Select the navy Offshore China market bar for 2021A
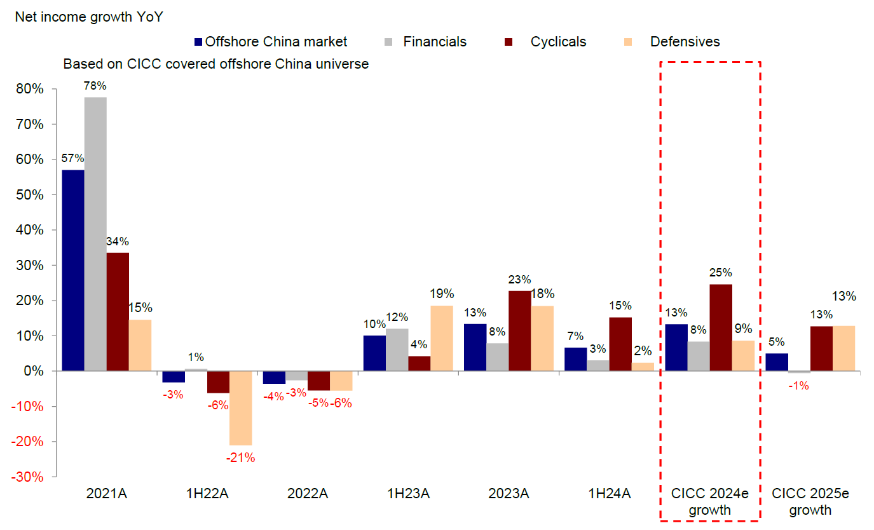click(x=72, y=270)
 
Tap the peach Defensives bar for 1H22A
click(x=241, y=407)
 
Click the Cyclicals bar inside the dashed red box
click(x=721, y=327)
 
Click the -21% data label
click(x=240, y=458)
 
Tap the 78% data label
click(x=95, y=86)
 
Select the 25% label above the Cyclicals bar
click(x=720, y=273)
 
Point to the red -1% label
click(x=798, y=384)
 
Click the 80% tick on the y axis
click(x=30, y=89)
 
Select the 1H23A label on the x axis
click(x=408, y=494)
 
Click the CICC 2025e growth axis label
click(x=810, y=501)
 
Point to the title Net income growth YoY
click(x=89, y=17)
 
